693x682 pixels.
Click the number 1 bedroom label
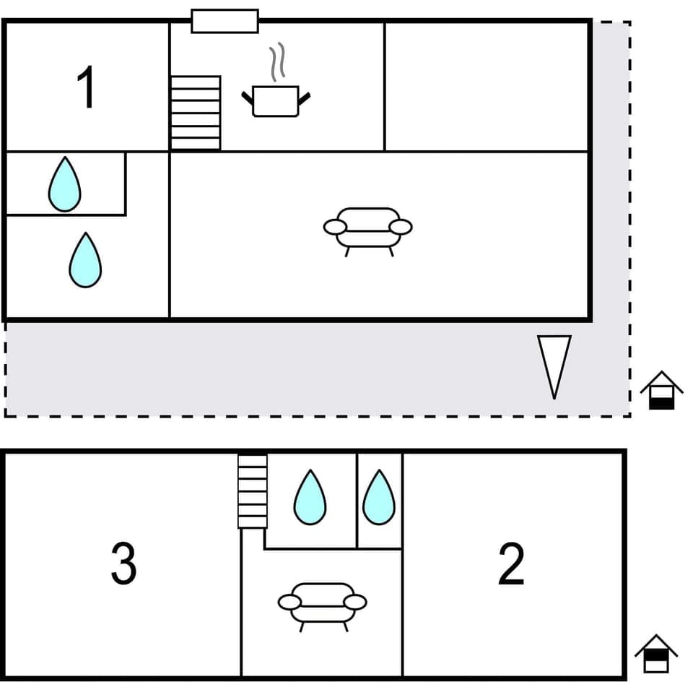pyautogui.click(x=87, y=87)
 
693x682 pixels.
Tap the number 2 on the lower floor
pyautogui.click(x=511, y=564)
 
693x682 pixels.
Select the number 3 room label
pyautogui.click(x=123, y=564)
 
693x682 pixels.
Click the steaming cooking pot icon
pyautogui.click(x=275, y=100)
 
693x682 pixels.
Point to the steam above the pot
pyautogui.click(x=277, y=62)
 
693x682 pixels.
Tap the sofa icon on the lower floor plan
pyautogui.click(x=322, y=605)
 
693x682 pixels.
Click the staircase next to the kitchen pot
pyautogui.click(x=195, y=113)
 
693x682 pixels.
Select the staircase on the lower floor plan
pyautogui.click(x=253, y=491)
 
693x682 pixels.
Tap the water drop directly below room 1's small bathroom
pyautogui.click(x=84, y=260)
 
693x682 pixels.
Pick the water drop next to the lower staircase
pyautogui.click(x=310, y=498)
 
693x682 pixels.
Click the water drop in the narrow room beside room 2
pyautogui.click(x=378, y=498)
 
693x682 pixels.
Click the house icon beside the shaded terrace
pyautogui.click(x=661, y=391)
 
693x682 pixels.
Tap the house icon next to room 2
pyautogui.click(x=655, y=654)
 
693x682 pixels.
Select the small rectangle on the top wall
pyautogui.click(x=225, y=21)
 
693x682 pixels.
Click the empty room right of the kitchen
pyautogui.click(x=487, y=87)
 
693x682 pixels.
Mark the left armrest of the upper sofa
pyautogui.click(x=335, y=227)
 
